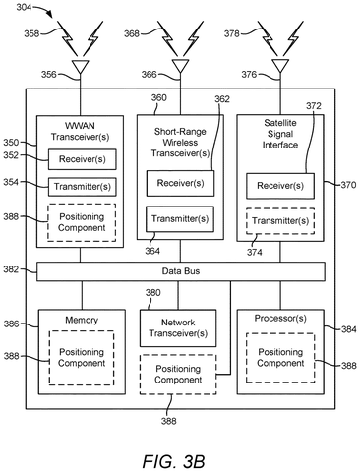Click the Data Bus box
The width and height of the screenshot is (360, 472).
coord(181,271)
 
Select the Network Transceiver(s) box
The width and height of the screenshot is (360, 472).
coord(178,328)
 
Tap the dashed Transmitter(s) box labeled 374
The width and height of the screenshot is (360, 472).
coord(280,221)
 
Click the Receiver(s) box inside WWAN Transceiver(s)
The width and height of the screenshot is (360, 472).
coord(83,159)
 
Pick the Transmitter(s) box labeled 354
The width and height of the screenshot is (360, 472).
coord(83,187)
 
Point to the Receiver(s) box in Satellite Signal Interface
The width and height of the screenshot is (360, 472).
coord(280,186)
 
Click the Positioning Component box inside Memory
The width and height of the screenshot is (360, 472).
coord(82,358)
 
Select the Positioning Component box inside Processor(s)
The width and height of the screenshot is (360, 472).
coord(280,358)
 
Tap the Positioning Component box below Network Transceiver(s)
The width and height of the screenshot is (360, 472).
coord(178,375)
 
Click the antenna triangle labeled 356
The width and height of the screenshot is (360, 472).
coord(81,66)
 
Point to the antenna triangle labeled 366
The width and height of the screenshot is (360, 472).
coord(180,66)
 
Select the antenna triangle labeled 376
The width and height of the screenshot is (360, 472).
coord(280,66)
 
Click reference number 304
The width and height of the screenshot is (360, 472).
coord(24,7)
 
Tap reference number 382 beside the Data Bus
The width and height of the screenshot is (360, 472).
coord(11,269)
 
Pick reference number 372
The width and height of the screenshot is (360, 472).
coord(314,106)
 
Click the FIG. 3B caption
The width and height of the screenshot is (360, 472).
coord(173,461)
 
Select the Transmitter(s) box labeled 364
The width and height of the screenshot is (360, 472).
coord(180,219)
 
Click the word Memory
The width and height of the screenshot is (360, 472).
coord(82,320)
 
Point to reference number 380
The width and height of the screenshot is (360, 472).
coord(152,292)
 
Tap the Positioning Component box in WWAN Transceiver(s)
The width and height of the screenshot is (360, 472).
coord(82,222)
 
